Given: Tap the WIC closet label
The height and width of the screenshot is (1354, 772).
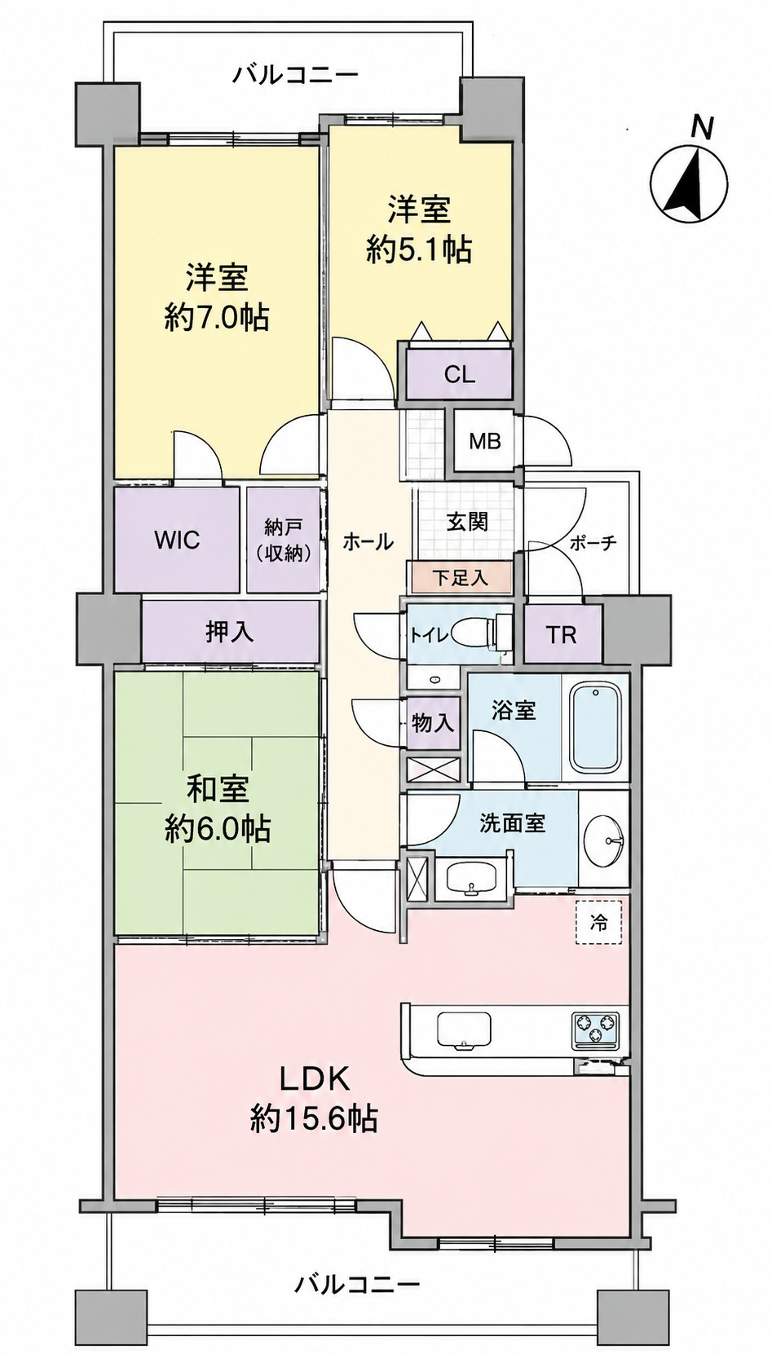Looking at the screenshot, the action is pos(177,540).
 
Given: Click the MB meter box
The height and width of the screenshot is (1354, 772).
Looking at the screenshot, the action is pos(485,441).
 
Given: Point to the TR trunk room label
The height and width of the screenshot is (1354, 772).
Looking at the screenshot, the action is pos(562,635).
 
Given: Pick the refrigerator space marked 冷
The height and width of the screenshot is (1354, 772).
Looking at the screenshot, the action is pos(598,923).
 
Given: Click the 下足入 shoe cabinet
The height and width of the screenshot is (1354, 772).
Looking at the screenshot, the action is pos(460,577).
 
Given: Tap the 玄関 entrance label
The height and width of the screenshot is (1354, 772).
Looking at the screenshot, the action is pos(467,521).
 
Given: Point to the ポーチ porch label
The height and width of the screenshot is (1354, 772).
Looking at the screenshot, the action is pos(593,542).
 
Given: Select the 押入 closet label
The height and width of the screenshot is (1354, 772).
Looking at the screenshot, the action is pos(229,633).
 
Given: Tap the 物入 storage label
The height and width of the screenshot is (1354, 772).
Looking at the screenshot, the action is pos(433,722).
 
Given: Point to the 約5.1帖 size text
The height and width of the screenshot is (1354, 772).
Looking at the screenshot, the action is pos(419,249).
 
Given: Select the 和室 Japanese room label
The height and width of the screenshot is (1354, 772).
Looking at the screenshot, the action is pos(218,792).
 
